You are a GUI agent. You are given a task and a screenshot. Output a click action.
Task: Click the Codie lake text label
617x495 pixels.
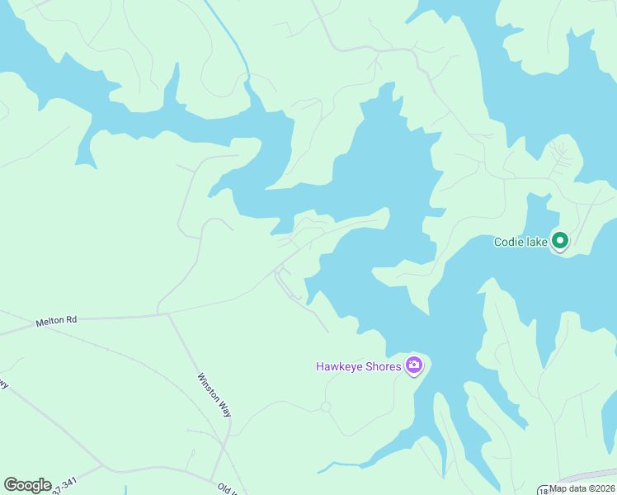[520, 242]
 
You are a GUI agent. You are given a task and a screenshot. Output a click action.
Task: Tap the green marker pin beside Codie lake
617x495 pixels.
[561, 241]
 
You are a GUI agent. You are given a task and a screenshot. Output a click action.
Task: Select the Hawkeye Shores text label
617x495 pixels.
[359, 365]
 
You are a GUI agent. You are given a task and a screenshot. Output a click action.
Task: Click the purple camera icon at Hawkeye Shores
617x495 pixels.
[414, 365]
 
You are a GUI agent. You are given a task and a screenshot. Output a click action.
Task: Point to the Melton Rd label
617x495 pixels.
[56, 319]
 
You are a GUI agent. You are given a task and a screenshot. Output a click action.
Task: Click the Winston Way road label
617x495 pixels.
[214, 395]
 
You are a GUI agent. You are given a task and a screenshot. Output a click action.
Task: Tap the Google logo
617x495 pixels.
[27, 485]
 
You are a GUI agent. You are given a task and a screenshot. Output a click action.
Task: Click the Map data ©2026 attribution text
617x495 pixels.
[582, 488]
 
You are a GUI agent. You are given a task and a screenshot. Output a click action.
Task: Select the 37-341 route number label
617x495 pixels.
[64, 487]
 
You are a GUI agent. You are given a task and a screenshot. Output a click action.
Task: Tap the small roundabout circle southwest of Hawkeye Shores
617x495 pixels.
[326, 407]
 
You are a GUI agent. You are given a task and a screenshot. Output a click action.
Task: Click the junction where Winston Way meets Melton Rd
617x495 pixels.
[168, 313]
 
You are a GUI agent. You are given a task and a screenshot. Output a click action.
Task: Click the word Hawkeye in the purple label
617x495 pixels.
[338, 365]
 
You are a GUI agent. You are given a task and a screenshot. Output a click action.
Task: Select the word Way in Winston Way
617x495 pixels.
[224, 409]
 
